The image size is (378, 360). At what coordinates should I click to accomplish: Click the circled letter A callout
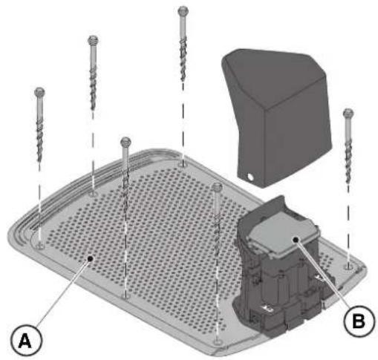click(x=27, y=341)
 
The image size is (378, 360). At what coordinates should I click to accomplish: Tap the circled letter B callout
click(x=359, y=321)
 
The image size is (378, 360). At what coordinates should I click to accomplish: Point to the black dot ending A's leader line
click(x=91, y=258)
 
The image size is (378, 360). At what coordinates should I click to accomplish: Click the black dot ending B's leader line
click(x=295, y=240)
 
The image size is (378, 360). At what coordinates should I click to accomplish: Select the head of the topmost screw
click(x=183, y=11)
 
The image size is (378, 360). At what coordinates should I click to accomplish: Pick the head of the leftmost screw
click(x=39, y=92)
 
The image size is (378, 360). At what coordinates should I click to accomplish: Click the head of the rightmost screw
click(x=348, y=114)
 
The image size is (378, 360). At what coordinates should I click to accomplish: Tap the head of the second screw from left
click(x=93, y=40)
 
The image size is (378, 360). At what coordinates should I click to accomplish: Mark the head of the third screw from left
click(x=126, y=142)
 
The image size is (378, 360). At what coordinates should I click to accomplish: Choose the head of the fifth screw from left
click(x=217, y=187)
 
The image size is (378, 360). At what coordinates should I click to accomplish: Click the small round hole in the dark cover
click(x=250, y=177)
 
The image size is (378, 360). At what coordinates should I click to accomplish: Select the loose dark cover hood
click(x=276, y=117)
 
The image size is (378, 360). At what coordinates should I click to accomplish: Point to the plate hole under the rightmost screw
click(x=348, y=266)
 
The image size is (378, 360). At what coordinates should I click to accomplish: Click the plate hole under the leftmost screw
click(x=39, y=246)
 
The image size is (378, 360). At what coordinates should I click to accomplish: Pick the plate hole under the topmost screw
click(x=183, y=164)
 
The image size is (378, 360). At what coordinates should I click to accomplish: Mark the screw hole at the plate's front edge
click(x=218, y=342)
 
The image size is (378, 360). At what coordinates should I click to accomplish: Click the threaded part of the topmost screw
click(x=183, y=61)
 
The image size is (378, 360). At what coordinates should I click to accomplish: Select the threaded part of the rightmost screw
click(x=348, y=163)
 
